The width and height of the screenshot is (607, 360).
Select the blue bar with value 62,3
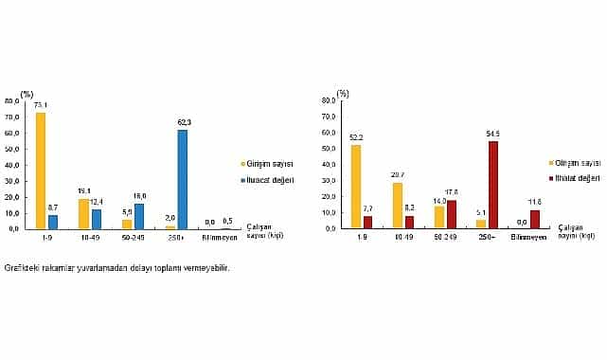tap(182, 179)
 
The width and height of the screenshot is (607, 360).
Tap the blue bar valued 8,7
tap(53, 222)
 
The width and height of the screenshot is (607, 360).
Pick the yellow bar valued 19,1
tap(83, 213)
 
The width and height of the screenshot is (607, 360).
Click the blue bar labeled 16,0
tap(139, 216)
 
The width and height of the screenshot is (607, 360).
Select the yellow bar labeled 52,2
tap(356, 186)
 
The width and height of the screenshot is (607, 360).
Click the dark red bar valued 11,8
tap(535, 219)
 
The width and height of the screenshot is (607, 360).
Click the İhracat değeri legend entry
tap(270, 178)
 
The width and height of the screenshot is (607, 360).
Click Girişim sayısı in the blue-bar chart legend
tap(270, 163)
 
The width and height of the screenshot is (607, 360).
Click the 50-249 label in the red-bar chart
tap(445, 237)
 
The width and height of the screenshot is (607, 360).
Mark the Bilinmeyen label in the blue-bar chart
tap(220, 237)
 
